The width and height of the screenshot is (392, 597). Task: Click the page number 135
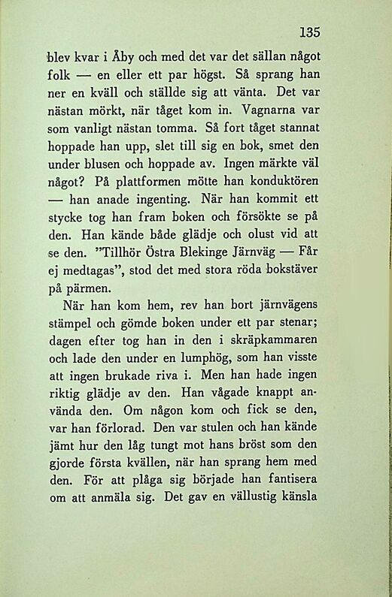click(x=309, y=32)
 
